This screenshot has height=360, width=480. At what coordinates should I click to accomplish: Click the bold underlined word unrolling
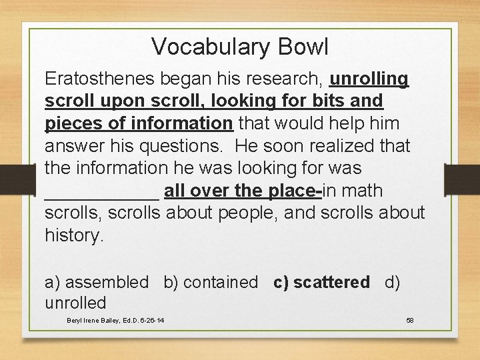pyautogui.click(x=369, y=79)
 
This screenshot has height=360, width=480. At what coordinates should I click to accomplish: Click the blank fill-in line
pyautogui.click(x=101, y=196)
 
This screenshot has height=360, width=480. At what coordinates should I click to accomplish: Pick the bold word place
pyautogui.click(x=294, y=191)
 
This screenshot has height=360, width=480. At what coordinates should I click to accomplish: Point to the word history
pyautogui.click(x=74, y=235)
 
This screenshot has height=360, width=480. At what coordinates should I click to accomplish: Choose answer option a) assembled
pyautogui.click(x=97, y=282)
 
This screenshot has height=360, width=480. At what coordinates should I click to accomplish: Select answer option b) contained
pyautogui.click(x=211, y=282)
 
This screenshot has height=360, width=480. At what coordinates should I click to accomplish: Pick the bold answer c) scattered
pyautogui.click(x=321, y=282)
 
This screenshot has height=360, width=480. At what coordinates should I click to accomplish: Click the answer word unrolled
pyautogui.click(x=75, y=303)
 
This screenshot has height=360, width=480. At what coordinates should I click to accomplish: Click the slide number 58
pyautogui.click(x=410, y=321)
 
